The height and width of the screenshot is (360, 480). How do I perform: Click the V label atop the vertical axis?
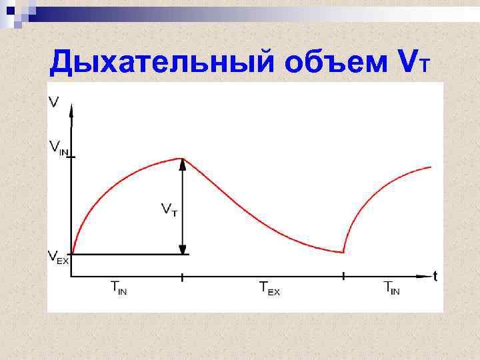(53, 101)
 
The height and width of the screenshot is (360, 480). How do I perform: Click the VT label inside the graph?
(169, 210)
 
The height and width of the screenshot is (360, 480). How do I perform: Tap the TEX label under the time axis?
(269, 288)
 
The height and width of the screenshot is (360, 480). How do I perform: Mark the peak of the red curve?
(182, 159)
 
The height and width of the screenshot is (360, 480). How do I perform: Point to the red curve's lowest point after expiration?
(343, 253)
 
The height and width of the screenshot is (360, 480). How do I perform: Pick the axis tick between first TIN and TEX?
(182, 275)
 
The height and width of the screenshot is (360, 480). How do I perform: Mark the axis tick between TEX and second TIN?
(343, 275)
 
